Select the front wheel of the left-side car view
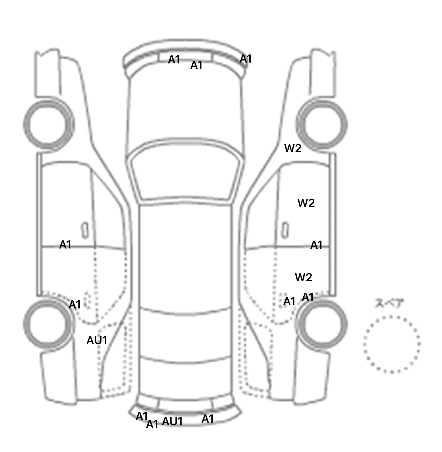(x=48, y=125)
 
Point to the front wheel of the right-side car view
(x=322, y=125)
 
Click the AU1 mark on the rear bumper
(x=172, y=421)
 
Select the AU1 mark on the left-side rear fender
(x=97, y=340)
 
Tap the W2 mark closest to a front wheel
(x=293, y=148)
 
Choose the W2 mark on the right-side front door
(x=306, y=203)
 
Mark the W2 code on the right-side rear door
(x=304, y=278)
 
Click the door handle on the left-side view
(x=85, y=230)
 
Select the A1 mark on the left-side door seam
(x=65, y=245)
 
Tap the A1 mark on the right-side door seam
(x=317, y=245)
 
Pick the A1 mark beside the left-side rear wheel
(x=75, y=305)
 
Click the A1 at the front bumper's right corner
(x=246, y=59)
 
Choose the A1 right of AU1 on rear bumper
(x=208, y=419)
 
